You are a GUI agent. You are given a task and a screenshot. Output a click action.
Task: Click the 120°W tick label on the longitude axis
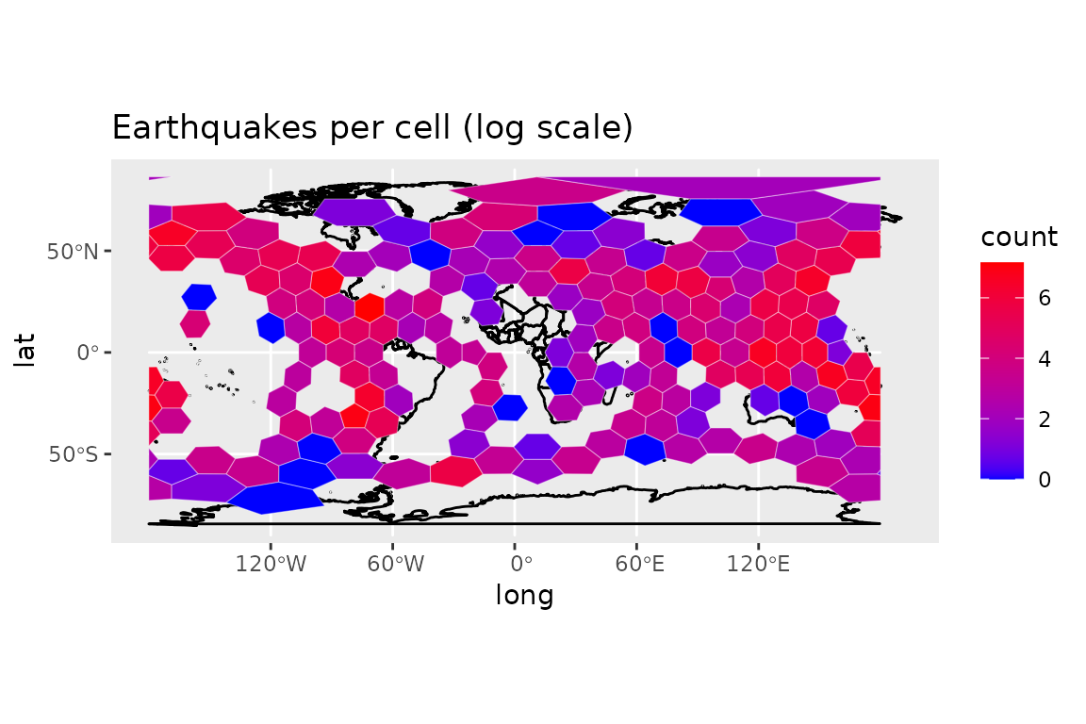coord(271,563)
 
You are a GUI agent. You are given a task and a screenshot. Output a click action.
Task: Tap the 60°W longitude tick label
coord(396,563)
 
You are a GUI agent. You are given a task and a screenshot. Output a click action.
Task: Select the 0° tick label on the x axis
coord(520,563)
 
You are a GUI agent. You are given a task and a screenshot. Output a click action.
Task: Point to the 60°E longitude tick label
coord(639,563)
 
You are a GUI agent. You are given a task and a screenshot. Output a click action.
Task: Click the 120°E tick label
coord(758,563)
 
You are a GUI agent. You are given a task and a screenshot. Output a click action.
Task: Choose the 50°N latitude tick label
coord(73,252)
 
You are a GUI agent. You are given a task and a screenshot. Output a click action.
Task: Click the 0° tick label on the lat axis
coord(88,353)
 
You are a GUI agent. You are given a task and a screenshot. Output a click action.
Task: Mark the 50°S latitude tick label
coord(74,454)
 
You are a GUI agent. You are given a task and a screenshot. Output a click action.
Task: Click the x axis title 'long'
coord(524,596)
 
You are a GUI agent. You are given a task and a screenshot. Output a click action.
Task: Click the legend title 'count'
coord(1019,237)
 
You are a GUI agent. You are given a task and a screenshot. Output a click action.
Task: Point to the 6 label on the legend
coord(1045,298)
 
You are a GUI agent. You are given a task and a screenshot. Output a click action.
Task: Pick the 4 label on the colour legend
coord(1045,359)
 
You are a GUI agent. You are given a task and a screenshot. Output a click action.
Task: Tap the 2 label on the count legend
coord(1045,420)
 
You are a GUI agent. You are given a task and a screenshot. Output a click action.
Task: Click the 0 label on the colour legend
coord(1045,480)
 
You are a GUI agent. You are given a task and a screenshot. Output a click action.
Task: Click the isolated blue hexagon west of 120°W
coord(200,297)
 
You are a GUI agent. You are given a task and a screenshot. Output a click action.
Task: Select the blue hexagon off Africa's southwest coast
coord(511,407)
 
